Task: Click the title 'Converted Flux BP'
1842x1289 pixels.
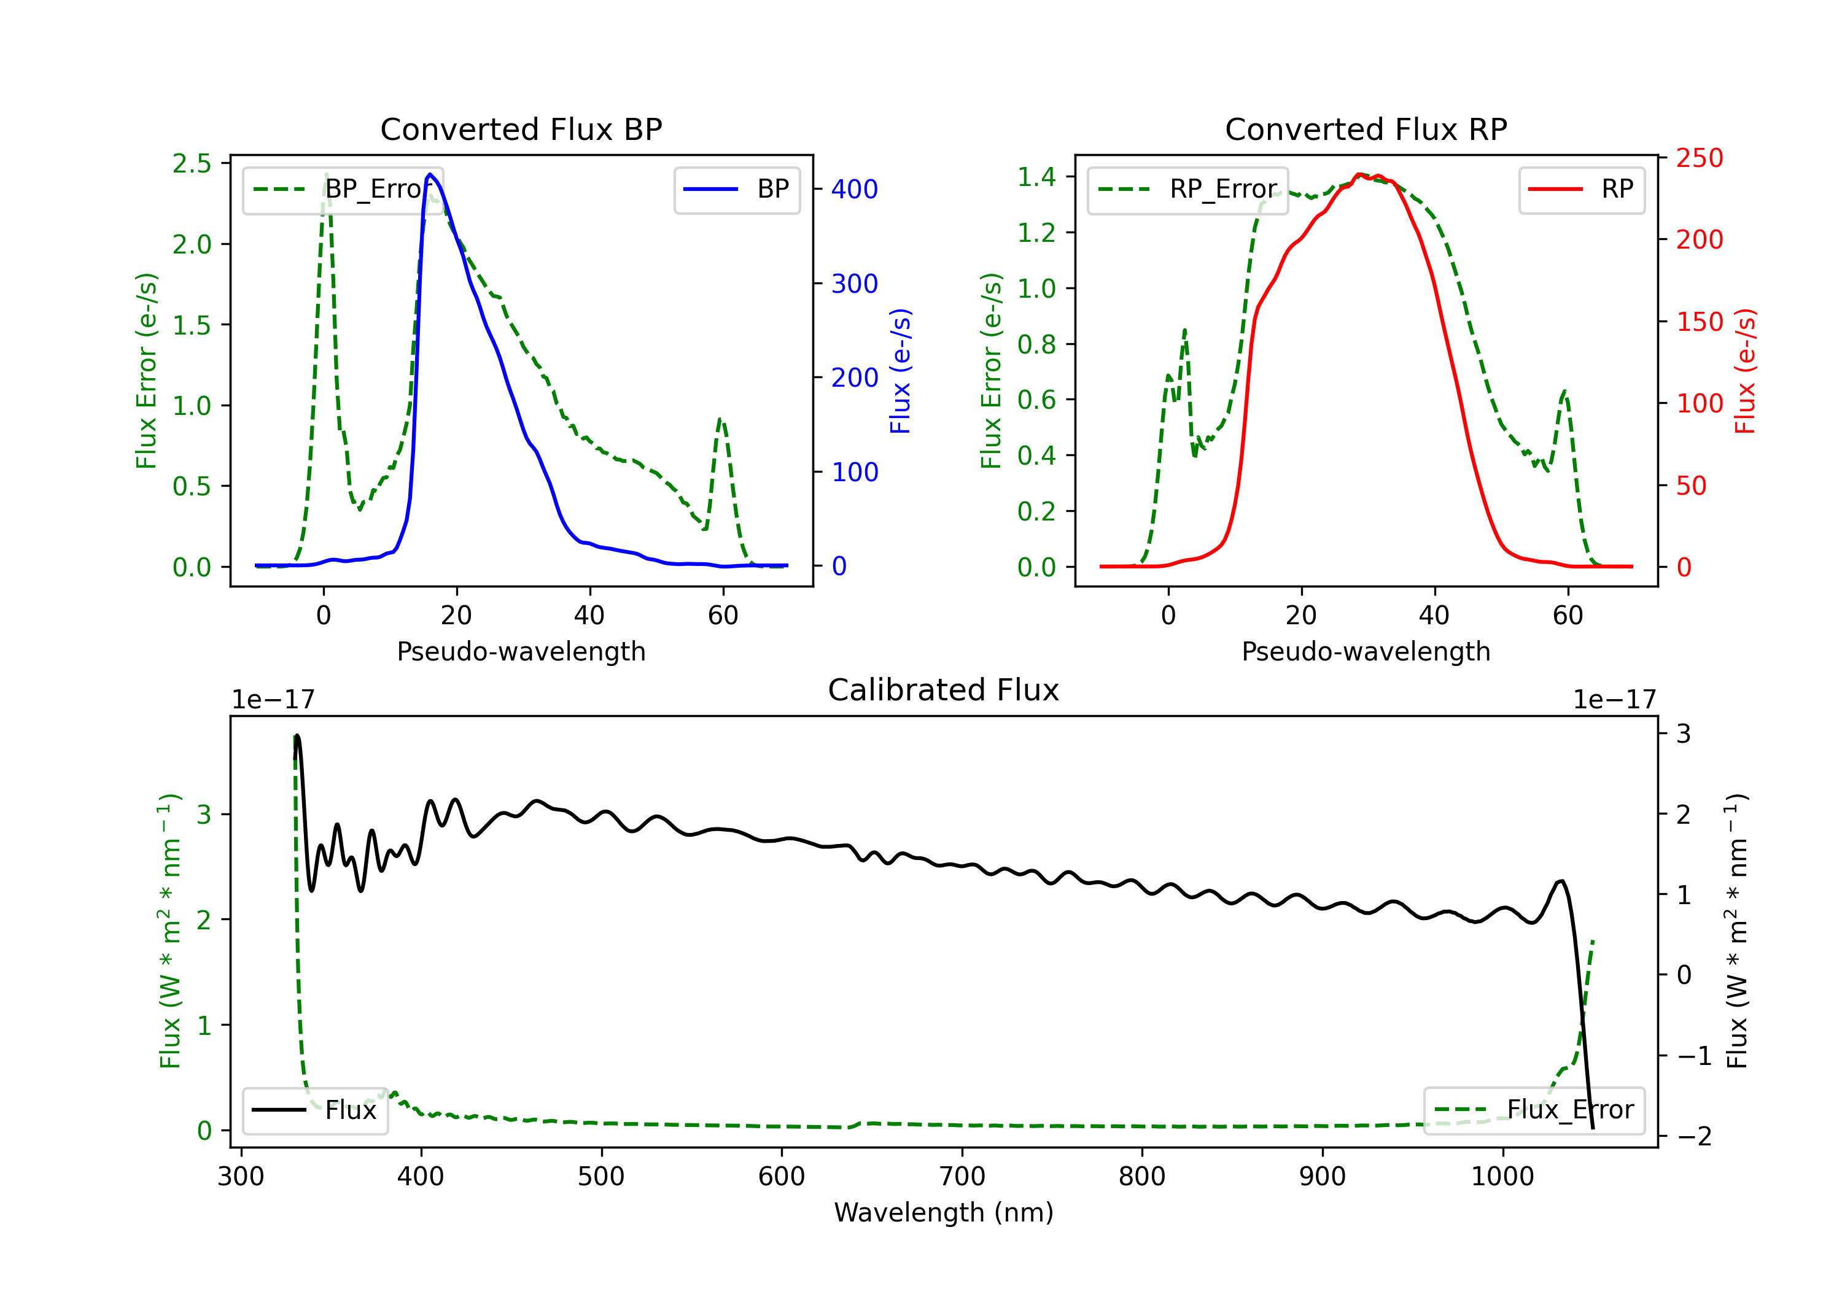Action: [x=521, y=129]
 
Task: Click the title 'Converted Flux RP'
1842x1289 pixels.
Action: [x=1366, y=129]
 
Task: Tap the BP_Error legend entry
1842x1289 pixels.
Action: [x=343, y=189]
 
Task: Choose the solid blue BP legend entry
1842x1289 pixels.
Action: [x=736, y=189]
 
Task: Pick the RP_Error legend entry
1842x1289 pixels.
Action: [x=1187, y=189]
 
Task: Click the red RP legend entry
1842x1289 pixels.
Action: [x=1581, y=189]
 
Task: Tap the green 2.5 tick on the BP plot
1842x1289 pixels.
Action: [x=192, y=164]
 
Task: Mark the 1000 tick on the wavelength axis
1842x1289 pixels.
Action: [x=1502, y=1176]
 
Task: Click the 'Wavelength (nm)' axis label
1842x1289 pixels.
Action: [x=944, y=1212]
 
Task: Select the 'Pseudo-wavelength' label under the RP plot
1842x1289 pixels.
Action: [x=1366, y=651]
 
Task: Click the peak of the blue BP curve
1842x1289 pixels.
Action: [x=430, y=174]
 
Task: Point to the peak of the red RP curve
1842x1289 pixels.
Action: [x=1359, y=174]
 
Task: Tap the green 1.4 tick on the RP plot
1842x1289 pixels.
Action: [x=1036, y=176]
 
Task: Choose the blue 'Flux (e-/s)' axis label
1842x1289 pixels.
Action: [x=900, y=371]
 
